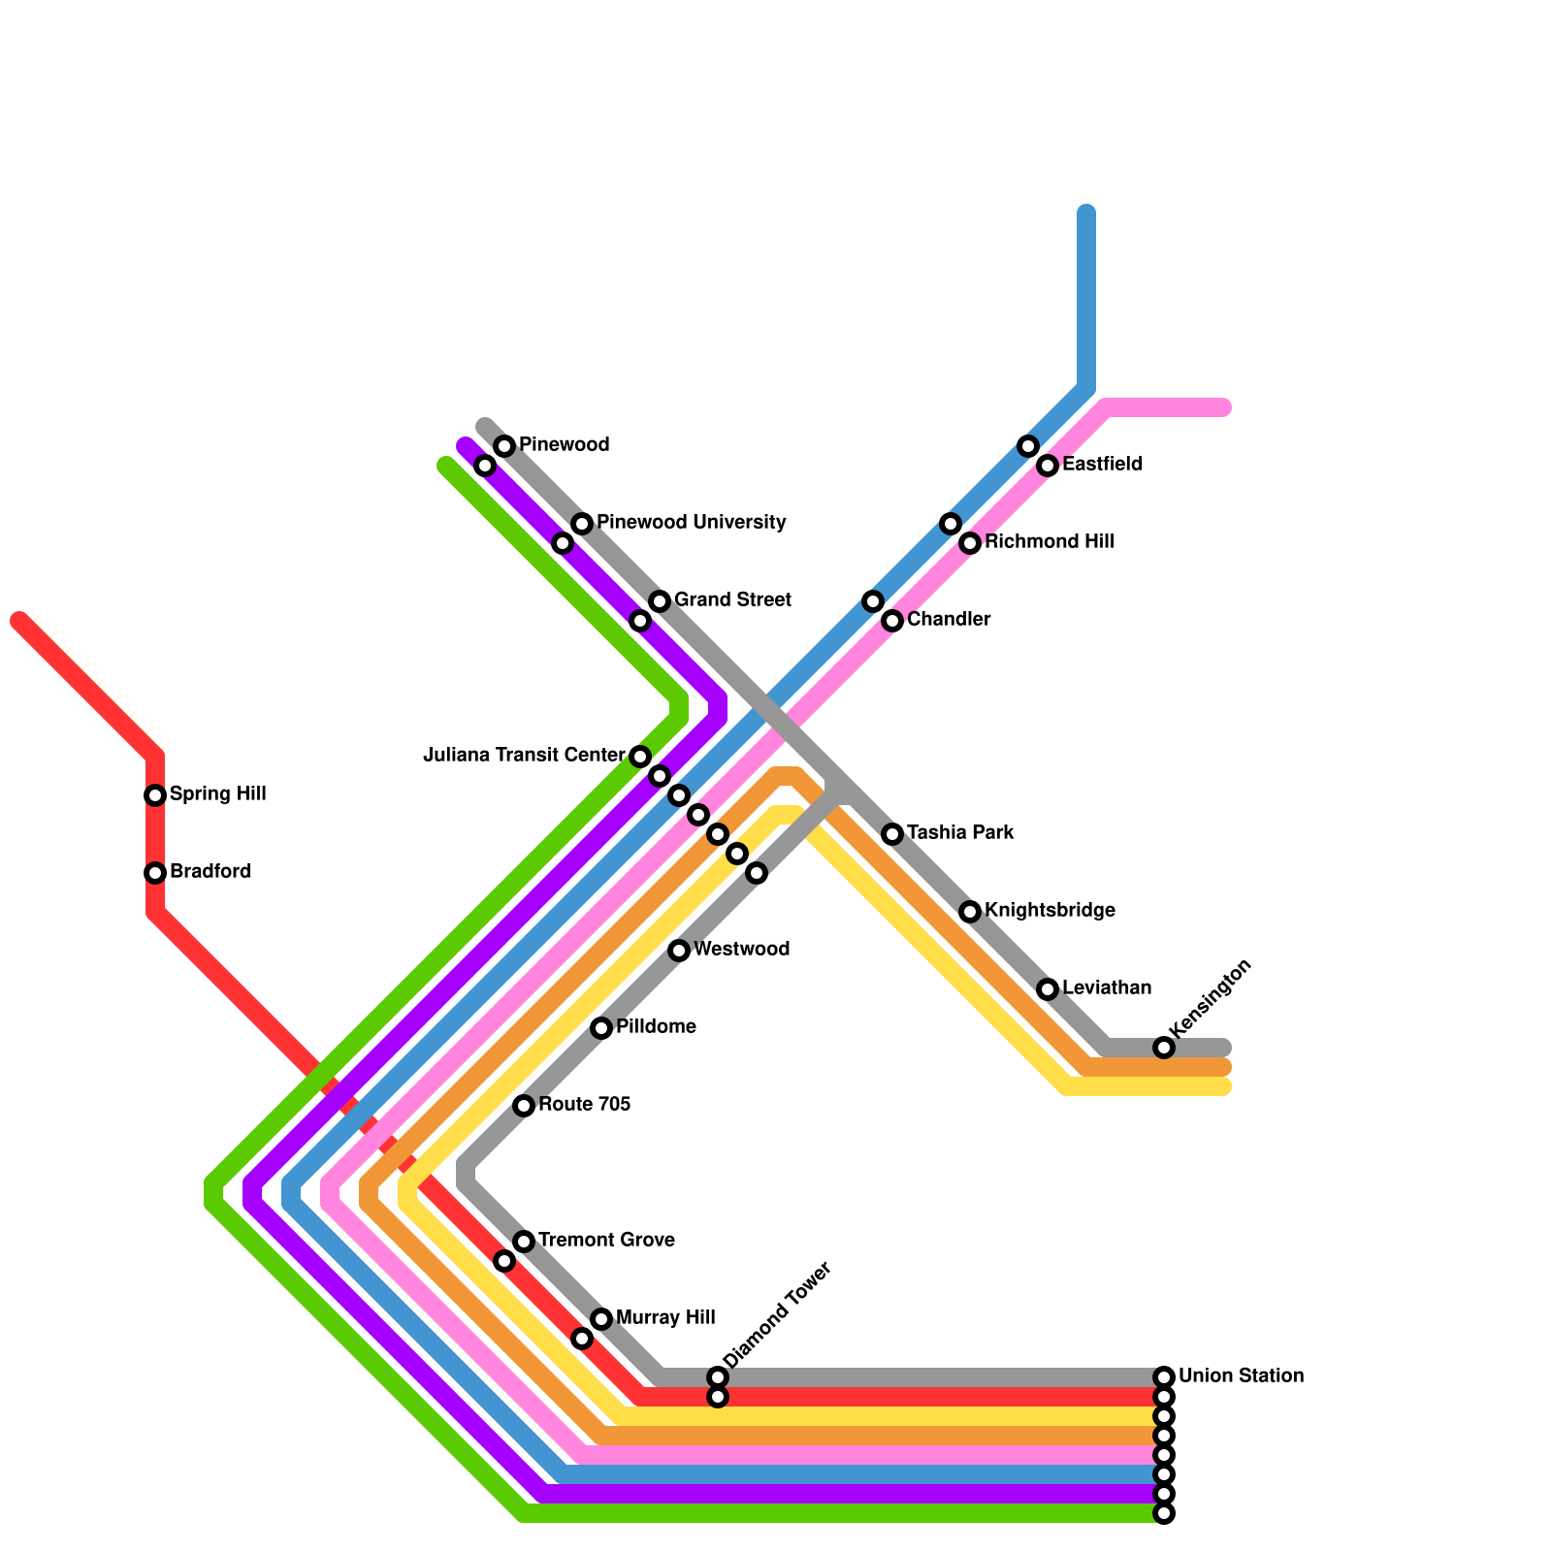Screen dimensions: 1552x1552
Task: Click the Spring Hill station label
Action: pos(217,794)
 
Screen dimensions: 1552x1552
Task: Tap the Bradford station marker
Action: pos(155,873)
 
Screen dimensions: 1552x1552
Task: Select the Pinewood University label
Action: pos(691,523)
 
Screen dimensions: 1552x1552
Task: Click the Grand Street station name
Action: pos(732,600)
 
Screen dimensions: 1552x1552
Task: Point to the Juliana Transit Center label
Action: pos(524,756)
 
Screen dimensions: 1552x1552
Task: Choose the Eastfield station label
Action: pos(1102,465)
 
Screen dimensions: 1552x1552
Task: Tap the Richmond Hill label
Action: pos(1049,542)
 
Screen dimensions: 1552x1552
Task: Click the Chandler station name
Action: pos(949,620)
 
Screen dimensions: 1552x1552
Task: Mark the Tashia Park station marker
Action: pos(892,834)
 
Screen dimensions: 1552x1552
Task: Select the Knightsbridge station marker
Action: pos(970,912)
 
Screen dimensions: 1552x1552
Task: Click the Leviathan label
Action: pos(1107,988)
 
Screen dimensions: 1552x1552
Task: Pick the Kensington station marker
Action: pos(1164,1048)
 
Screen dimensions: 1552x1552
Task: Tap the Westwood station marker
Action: pos(679,951)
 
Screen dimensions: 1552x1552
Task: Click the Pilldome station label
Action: pos(656,1027)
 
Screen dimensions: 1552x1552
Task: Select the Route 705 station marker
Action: pos(524,1106)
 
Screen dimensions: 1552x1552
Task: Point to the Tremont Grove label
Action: pos(606,1241)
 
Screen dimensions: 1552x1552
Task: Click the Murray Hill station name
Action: pos(665,1318)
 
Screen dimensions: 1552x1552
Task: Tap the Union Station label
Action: pos(1241,1376)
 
